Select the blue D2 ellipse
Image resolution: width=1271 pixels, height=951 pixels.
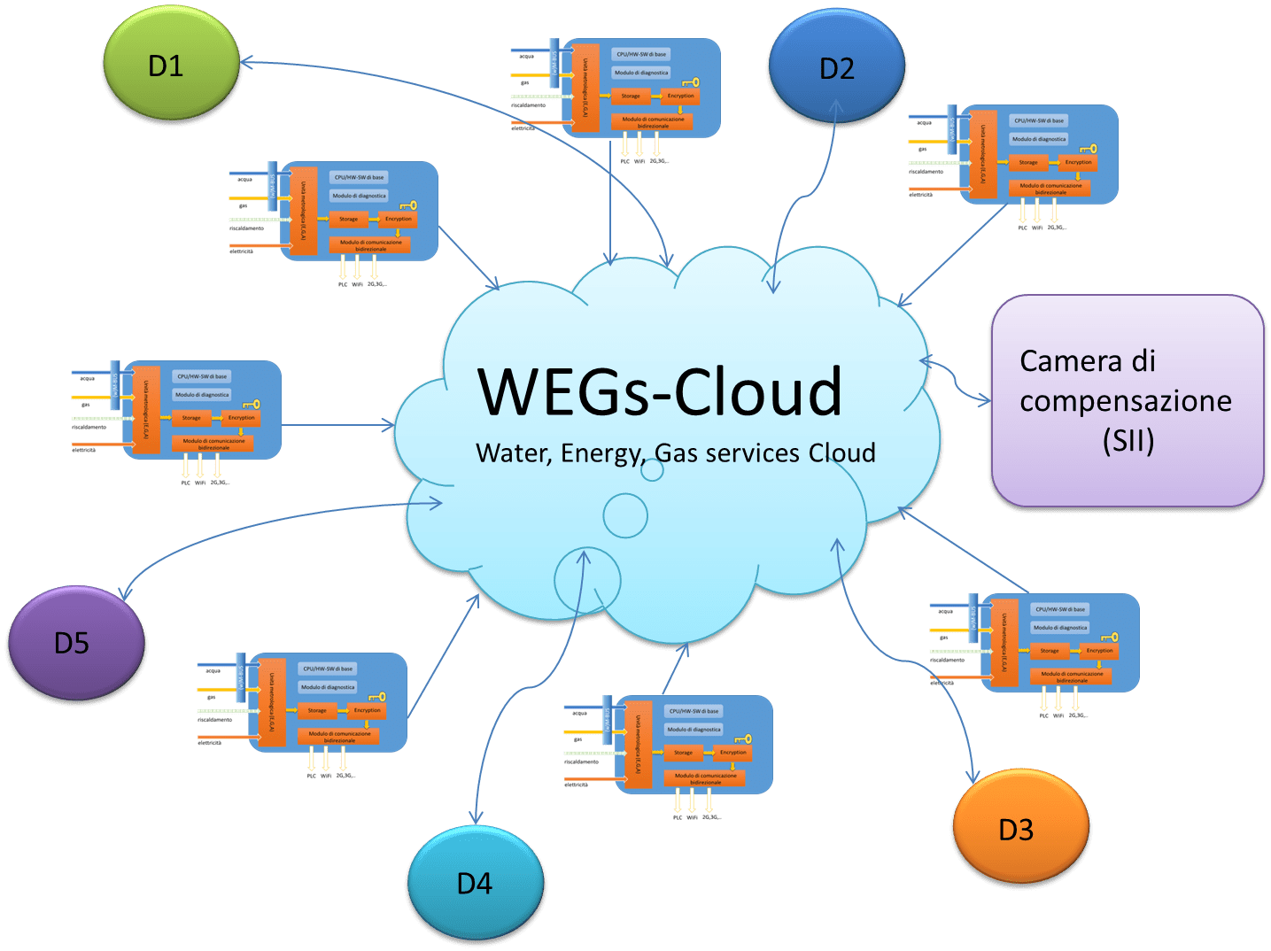click(x=837, y=69)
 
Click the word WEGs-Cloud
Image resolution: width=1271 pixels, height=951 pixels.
click(x=660, y=391)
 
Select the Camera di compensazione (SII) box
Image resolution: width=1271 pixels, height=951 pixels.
click(x=1127, y=400)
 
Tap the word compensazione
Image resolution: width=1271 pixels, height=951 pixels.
click(x=1125, y=401)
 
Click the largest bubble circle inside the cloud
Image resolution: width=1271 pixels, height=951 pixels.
click(x=587, y=581)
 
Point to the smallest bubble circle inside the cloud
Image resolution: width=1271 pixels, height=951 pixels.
click(x=652, y=470)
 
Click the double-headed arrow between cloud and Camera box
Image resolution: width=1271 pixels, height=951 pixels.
click(x=956, y=382)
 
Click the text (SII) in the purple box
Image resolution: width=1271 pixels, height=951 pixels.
click(x=1128, y=440)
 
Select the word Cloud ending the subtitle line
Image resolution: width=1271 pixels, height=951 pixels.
click(x=842, y=453)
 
